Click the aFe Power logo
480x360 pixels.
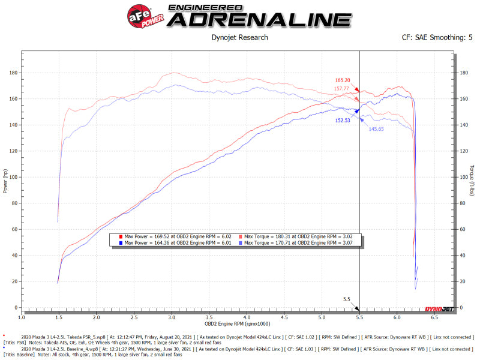pos(139,16)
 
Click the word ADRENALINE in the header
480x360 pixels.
pos(259,19)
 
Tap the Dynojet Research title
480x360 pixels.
pos(240,37)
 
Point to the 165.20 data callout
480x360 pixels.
pos(342,80)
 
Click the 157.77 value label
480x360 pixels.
pos(342,89)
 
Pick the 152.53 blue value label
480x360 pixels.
pos(343,120)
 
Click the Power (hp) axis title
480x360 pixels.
pos(5,180)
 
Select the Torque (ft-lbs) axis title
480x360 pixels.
pos(472,180)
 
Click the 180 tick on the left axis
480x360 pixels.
pos(13,73)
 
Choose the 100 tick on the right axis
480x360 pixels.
pos(463,177)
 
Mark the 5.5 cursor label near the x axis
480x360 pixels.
pos(346,298)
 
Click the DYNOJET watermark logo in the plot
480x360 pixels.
pos(438,308)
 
